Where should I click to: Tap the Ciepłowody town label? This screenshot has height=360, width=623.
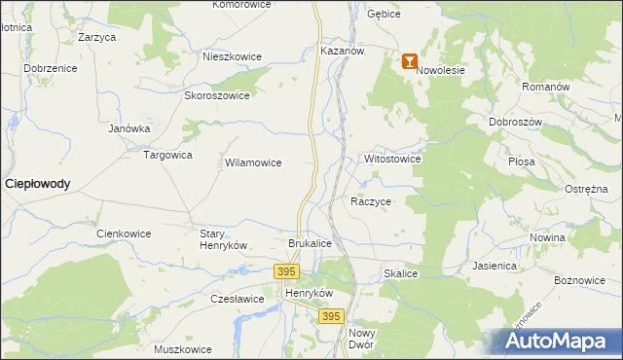[38, 183]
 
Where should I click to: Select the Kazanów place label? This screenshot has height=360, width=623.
[341, 50]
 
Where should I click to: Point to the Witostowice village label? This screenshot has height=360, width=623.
[391, 158]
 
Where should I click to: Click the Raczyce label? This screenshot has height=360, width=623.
[371, 201]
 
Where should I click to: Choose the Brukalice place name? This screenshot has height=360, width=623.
[311, 242]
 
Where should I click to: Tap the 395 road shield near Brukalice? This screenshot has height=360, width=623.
[286, 271]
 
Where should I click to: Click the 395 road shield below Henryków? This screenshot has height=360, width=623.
[332, 316]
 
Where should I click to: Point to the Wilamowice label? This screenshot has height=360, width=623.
[253, 163]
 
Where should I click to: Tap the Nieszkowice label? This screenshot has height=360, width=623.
[232, 56]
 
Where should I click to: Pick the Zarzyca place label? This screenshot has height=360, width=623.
[97, 37]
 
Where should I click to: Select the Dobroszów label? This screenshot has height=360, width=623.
[514, 123]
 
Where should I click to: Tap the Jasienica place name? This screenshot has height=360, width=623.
[495, 265]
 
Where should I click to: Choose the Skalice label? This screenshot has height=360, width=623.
[400, 274]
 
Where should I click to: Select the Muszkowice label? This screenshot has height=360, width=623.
[183, 349]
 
